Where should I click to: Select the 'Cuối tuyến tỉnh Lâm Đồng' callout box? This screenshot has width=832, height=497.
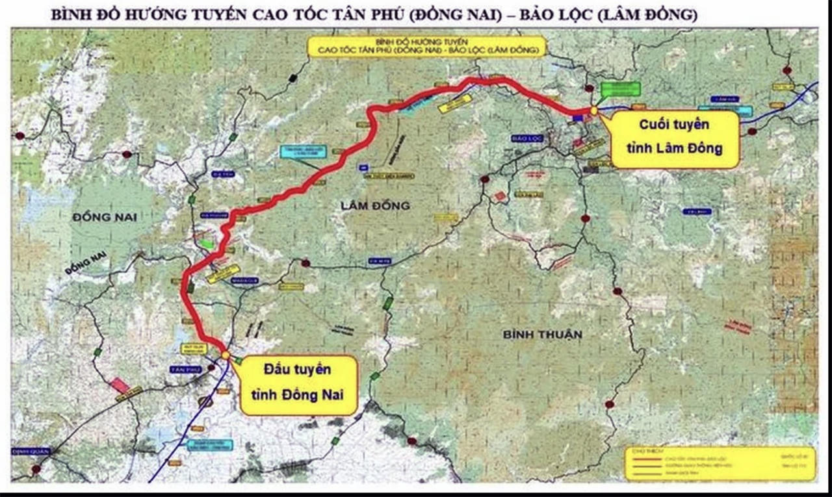[x=675, y=139]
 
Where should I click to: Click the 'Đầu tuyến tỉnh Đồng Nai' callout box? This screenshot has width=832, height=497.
[x=298, y=385]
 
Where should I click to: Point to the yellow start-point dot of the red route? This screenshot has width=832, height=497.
[x=225, y=355]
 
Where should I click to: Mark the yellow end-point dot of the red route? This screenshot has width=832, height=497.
[x=593, y=110]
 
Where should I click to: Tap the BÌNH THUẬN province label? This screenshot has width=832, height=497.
[x=543, y=335]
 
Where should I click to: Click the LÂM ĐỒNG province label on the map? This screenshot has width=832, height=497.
[x=376, y=205]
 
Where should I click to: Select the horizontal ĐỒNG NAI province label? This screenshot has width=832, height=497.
[x=105, y=217]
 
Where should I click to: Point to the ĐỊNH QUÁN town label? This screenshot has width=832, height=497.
[x=30, y=451]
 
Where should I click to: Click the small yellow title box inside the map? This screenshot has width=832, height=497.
[x=427, y=47]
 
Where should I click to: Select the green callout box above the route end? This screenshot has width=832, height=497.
[x=620, y=89]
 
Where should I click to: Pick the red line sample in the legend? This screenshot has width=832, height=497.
[x=643, y=458]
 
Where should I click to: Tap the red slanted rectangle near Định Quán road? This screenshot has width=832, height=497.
[x=120, y=385]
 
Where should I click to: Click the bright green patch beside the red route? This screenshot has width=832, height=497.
[x=206, y=244]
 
